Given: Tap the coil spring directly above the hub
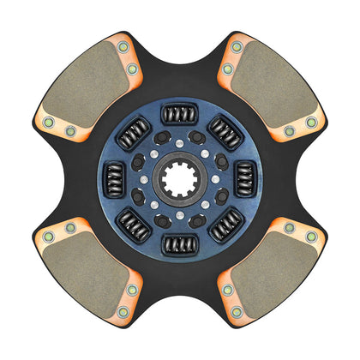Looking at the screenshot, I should coord(180,112).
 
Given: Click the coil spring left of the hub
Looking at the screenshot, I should coord(112,180).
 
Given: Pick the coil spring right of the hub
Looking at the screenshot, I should coord(247,181).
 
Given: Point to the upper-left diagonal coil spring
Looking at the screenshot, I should coord(134,133).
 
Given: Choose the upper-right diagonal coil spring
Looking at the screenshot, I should coord(227,133).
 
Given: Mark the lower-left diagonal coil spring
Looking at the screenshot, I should coord(133,227).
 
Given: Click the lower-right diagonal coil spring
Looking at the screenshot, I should coord(226,227).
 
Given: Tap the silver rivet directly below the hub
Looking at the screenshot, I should coord(180,220).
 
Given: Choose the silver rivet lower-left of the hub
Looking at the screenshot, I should coord(153,209).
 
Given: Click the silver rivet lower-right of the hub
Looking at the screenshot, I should coord(207,209).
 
